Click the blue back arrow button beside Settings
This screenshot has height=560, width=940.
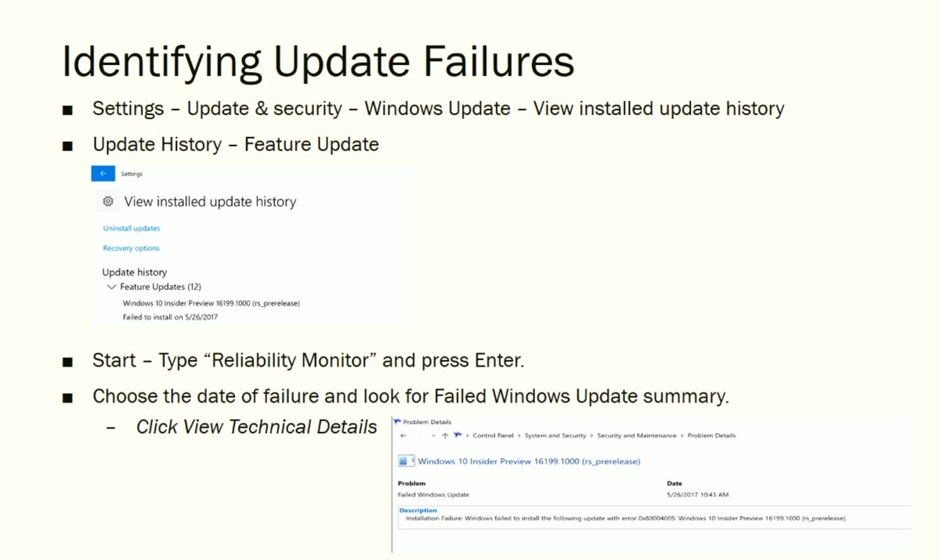point(103,174)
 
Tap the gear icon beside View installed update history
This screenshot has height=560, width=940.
point(108,201)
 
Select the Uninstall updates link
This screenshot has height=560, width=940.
point(132,228)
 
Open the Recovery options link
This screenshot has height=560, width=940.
point(132,248)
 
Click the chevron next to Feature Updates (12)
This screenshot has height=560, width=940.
point(111,287)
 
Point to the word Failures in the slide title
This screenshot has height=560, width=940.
point(498,62)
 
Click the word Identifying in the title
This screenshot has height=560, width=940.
point(161,63)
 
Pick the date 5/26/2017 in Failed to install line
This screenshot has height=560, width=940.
point(201,317)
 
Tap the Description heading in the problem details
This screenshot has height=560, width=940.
point(418,510)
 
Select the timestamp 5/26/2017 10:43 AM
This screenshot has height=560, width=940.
point(697,494)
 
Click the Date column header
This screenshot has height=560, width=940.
point(674,483)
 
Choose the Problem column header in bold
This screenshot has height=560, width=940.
point(412,483)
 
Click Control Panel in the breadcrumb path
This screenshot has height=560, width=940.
point(493,435)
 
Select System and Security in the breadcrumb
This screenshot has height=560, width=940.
point(555,435)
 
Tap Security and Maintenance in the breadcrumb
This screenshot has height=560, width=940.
point(637,435)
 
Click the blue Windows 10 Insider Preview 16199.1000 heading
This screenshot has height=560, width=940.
point(529,461)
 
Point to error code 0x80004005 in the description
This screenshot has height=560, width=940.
point(656,518)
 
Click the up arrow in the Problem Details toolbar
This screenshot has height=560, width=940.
point(445,435)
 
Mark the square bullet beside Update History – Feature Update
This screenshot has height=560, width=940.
point(67,146)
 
